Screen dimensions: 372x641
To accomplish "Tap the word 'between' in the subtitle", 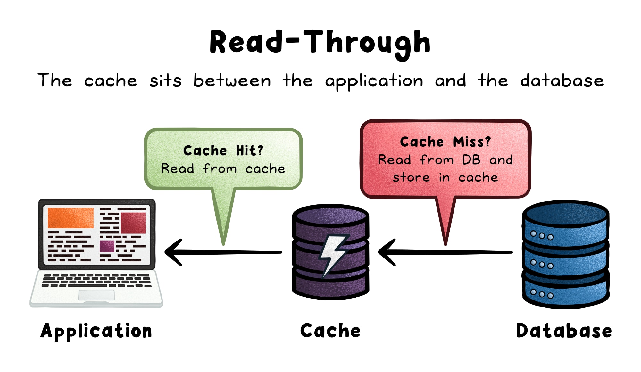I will pos(232,80).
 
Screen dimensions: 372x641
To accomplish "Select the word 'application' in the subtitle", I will pos(374,81).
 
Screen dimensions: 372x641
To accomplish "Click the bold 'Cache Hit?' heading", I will pos(223,150).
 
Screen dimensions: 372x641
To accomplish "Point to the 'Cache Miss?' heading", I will pos(445,142).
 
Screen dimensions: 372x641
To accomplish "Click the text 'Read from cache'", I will pos(223,168).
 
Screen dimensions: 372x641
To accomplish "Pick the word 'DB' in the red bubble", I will pos(471,160).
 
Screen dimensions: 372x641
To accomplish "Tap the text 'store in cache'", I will pos(445,177).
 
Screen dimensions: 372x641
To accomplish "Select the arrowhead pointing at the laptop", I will pos(173,252).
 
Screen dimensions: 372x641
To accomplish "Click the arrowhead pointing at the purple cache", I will pos(387,252).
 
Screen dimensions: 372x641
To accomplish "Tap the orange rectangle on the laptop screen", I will pos(71,218).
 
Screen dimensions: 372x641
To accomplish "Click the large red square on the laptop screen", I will pos(133,223).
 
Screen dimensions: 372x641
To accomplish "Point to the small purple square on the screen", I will pos(107,246).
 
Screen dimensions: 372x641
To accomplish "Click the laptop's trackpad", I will pos(96,295).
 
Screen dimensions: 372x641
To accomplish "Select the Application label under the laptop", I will pos(96,331).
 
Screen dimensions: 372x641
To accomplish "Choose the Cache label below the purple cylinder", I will pos(330,331).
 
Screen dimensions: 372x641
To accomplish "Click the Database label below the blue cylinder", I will pos(564,331).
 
